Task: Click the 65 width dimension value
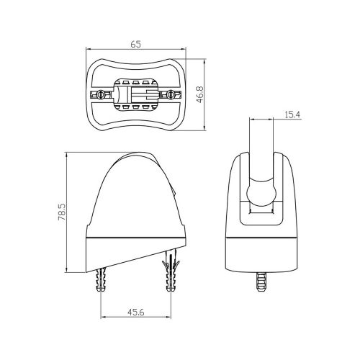coord(135,42)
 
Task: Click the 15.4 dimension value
coord(292,114)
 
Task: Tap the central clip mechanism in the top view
coord(136,95)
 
